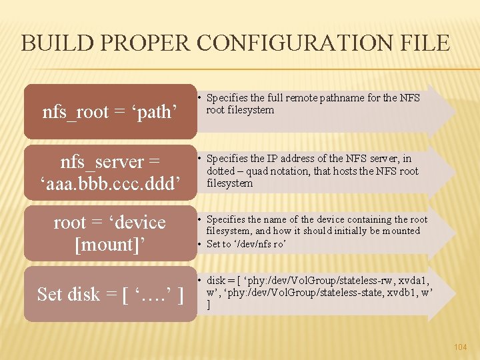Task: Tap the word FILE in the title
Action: click(x=424, y=43)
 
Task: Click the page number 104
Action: click(x=460, y=347)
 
